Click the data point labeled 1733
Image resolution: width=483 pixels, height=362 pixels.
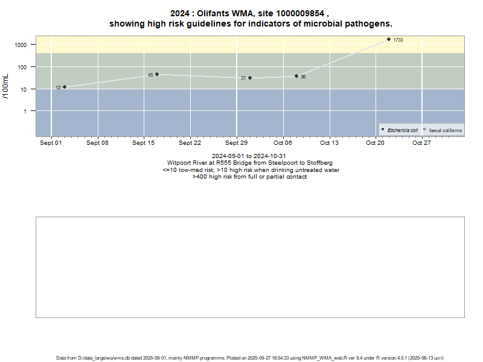tap(389, 39)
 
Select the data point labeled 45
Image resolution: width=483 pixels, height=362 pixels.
tap(157, 74)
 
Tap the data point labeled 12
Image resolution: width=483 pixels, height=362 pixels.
tap(65, 87)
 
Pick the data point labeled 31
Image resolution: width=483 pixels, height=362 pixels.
tap(250, 78)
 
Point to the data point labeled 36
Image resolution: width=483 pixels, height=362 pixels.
tap(296, 76)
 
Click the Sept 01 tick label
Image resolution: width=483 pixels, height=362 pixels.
tap(51, 143)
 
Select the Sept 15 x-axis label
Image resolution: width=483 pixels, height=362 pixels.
tap(144, 143)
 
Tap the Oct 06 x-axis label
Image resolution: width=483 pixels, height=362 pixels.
tap(283, 143)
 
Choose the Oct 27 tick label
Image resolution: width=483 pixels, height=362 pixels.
tap(421, 143)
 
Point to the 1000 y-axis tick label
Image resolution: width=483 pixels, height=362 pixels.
tap(21, 45)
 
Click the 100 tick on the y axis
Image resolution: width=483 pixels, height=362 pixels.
tap(23, 67)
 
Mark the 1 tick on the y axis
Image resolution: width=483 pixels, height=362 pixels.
tap(26, 111)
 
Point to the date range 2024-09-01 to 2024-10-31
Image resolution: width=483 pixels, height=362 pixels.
tap(249, 156)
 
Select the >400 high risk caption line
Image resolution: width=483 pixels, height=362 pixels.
tap(249, 177)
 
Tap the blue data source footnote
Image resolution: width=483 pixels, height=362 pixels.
tap(241, 358)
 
